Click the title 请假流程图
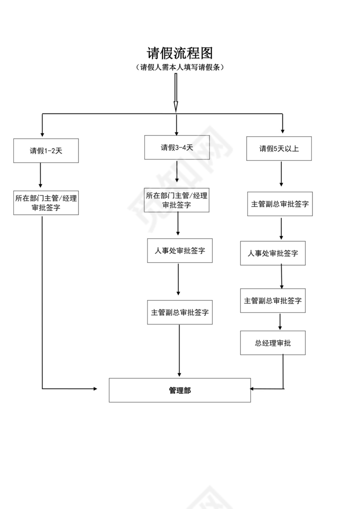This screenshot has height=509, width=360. click(x=180, y=53)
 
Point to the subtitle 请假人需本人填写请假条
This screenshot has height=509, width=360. click(x=180, y=68)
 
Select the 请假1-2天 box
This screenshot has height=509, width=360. click(x=46, y=151)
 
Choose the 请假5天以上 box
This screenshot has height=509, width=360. click(x=279, y=149)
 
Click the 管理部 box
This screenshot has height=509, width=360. click(x=180, y=390)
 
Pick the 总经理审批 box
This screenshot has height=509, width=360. click(x=273, y=343)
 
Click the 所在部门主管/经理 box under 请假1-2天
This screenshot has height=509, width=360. click(x=46, y=203)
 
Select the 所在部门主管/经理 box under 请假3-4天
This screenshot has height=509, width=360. click(x=177, y=200)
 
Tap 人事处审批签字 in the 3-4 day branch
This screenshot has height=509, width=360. click(x=180, y=251)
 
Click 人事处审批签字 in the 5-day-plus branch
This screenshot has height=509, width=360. click(x=273, y=253)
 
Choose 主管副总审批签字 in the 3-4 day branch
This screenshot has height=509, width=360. click(x=180, y=312)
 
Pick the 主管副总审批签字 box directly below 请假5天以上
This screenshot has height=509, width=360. click(x=280, y=204)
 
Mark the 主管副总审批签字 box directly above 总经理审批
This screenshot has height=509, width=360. click(x=273, y=300)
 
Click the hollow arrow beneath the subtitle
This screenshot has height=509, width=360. click(x=176, y=92)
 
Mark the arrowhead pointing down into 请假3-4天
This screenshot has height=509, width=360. click(x=176, y=132)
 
